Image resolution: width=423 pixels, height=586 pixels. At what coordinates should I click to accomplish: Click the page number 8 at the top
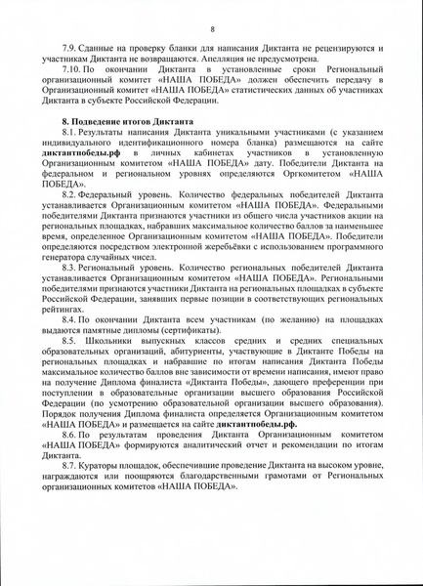[x=212, y=30]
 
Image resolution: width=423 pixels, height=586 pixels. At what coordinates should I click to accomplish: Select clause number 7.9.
[x=70, y=48]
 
